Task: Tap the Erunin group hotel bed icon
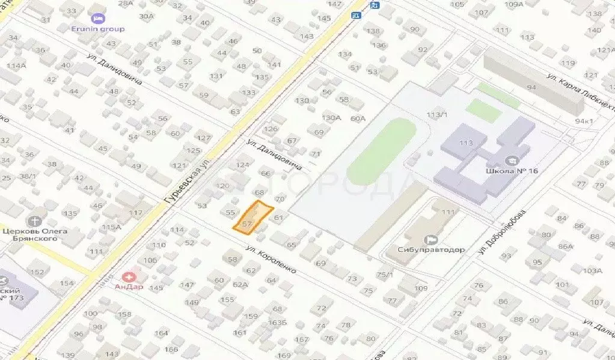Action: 99,18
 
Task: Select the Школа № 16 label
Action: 512,171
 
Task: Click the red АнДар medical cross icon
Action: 129,276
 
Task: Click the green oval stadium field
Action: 381,151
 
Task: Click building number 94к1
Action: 584,121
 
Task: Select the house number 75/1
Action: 384,275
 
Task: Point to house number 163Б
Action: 277,323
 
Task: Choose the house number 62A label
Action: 240,284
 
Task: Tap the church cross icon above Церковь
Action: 34,221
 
